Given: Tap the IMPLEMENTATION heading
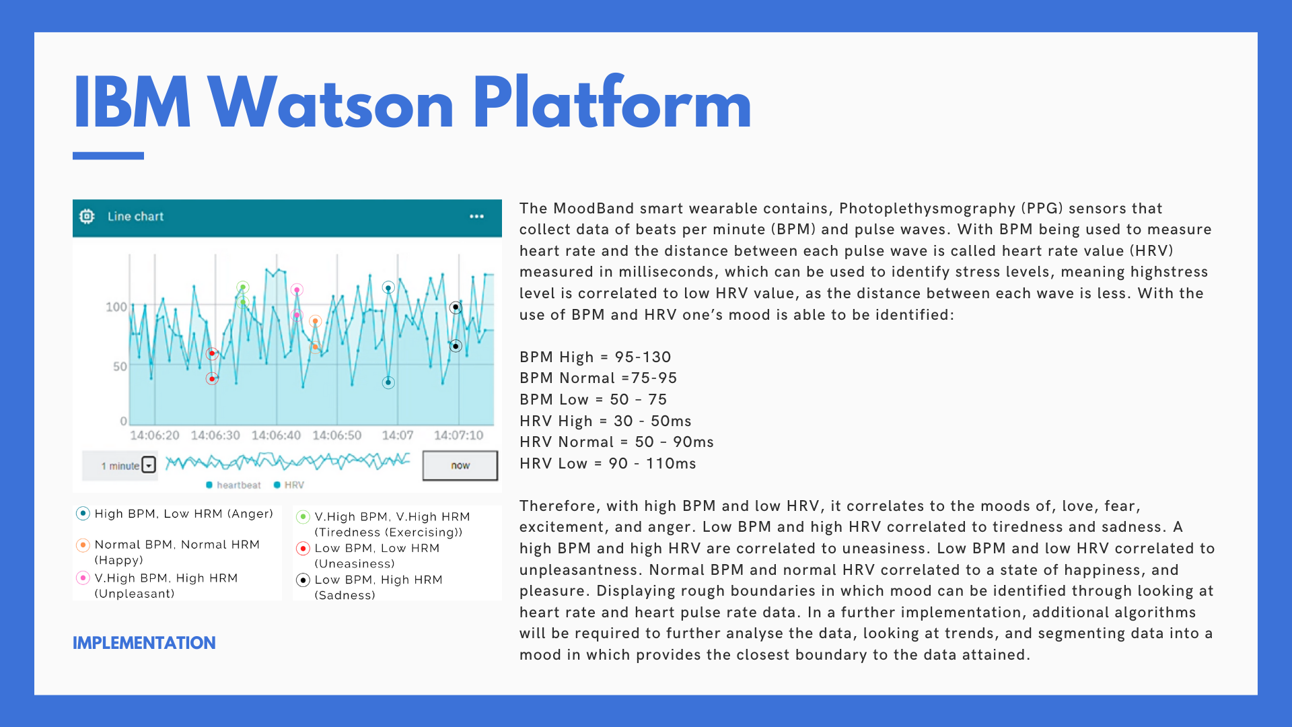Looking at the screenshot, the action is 144,643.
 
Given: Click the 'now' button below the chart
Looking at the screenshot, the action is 460,465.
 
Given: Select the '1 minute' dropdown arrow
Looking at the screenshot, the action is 149,465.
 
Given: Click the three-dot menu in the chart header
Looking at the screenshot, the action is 476,216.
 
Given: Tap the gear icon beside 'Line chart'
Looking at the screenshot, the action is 87,216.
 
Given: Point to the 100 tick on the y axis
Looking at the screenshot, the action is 116,307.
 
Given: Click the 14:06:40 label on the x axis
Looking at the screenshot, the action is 276,436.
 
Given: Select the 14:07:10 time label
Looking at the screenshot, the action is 458,436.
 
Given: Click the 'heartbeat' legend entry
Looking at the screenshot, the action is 234,485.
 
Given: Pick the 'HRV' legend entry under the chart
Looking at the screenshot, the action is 289,485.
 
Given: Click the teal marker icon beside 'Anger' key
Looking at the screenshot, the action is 83,514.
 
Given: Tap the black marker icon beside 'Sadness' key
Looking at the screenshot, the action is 303,580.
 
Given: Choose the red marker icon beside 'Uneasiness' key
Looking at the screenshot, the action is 303,548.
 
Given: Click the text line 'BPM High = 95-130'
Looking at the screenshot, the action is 596,357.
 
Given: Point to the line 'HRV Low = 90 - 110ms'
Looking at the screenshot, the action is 608,463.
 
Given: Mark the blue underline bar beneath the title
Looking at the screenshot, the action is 108,155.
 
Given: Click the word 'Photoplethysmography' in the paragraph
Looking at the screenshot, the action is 927,209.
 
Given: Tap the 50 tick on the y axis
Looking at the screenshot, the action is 120,366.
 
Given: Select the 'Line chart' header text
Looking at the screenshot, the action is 135,216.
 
